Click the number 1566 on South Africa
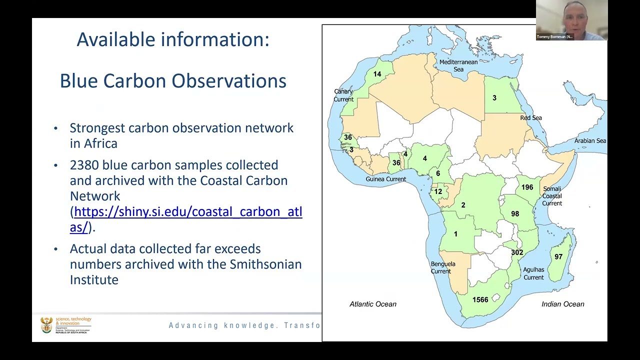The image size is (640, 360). coord(480,300)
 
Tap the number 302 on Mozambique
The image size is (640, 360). coord(517,252)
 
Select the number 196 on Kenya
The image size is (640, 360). coord(527,187)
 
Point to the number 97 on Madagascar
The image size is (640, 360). coord(558,257)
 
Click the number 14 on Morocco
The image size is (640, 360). coord(377,74)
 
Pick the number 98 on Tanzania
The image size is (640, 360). coord(515,214)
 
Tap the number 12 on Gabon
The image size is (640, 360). coord(438,191)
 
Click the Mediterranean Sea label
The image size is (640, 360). coord(458,65)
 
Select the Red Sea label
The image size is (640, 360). coord(531,118)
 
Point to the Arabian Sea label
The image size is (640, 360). coord(590,141)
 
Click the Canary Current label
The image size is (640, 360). coord(343,95)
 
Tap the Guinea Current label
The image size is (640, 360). coord(385,179)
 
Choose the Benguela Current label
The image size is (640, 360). coord(443,267)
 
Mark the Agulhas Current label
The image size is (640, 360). coord(533,273)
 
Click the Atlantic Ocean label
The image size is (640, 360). coord(372,304)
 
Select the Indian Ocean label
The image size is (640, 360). coord(562,304)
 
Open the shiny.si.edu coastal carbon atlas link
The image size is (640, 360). coord(188,212)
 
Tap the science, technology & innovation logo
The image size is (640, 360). coord(66,325)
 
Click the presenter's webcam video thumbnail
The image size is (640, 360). coord(571,20)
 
